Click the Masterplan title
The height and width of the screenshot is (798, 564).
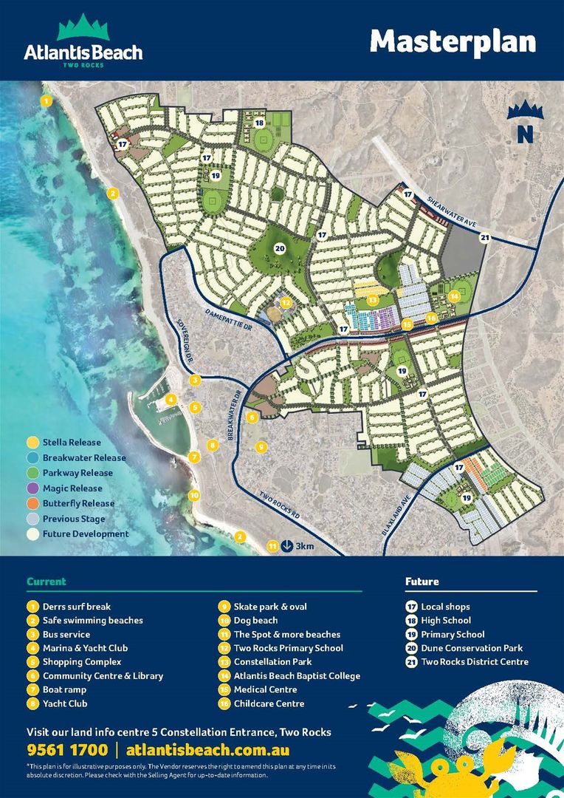[453, 41]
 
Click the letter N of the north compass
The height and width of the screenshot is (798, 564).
[525, 134]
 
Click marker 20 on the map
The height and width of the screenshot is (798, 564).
[280, 249]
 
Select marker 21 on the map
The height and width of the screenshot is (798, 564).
[484, 237]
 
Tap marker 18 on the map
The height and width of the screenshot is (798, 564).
[259, 123]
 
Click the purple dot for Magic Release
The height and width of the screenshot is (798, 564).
[32, 488]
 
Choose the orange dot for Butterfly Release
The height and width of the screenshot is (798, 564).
[32, 503]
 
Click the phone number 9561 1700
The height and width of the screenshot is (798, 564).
[66, 750]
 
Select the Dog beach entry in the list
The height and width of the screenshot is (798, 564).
[255, 621]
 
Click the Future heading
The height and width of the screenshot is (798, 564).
[422, 582]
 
